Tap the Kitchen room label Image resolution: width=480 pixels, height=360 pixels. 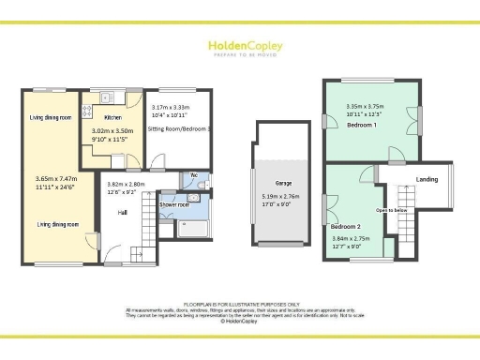point(113,116)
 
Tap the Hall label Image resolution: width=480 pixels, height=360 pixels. point(123,213)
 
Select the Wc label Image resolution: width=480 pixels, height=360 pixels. point(194,175)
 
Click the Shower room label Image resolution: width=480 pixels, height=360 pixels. point(174,203)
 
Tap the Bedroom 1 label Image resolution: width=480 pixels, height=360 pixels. point(362,125)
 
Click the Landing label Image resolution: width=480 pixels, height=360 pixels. point(427,179)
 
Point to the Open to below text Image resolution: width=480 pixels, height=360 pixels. point(392,210)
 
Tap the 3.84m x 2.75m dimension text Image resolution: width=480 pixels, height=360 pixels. point(352,238)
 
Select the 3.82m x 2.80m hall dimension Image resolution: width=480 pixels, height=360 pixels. point(125,184)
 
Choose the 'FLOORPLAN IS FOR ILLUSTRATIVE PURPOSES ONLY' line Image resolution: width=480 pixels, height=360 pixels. point(240,305)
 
